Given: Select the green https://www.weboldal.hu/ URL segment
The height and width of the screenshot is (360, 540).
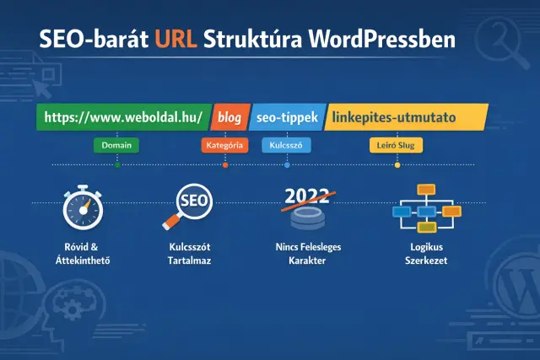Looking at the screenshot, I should (122, 117).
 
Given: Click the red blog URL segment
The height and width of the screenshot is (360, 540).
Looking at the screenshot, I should (229, 117).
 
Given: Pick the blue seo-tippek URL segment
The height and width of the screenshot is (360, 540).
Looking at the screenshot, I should (286, 117).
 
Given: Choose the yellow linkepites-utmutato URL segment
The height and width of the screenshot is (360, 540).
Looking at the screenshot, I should (402, 117).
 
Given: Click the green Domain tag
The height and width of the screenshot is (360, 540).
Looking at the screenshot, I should (116, 145).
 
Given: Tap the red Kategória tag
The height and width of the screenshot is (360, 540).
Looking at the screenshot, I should (224, 145).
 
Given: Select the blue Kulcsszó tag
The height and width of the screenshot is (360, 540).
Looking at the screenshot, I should (287, 145).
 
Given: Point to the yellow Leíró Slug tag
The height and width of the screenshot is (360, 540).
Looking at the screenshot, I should (397, 145).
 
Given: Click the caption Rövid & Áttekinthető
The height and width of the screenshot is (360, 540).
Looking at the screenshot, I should (82, 254).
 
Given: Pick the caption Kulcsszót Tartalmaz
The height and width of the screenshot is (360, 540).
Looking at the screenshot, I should (190, 254).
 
